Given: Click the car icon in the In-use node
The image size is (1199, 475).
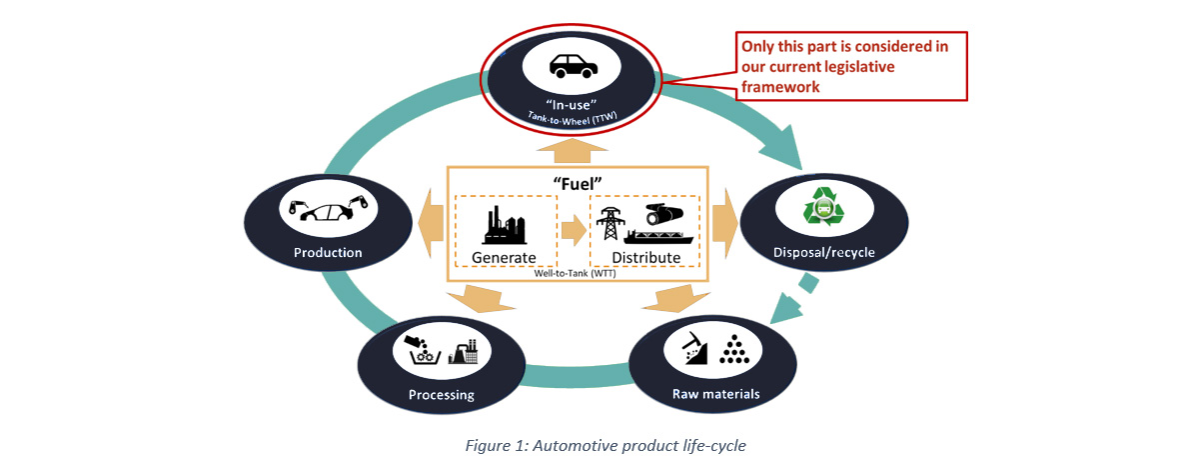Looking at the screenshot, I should [x=573, y=66].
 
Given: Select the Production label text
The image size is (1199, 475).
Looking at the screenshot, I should [x=328, y=252].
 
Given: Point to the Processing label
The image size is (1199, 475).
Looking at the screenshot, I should [x=441, y=394].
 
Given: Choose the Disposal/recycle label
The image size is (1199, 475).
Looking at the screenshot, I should [x=822, y=252].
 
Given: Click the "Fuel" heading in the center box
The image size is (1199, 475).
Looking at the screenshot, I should [x=578, y=183].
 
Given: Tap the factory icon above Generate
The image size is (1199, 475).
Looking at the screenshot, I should [x=505, y=224].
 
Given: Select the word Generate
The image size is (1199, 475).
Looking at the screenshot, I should [x=505, y=257].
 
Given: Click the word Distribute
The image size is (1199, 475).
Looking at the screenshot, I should [x=645, y=257].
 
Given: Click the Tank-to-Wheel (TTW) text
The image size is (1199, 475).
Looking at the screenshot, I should [x=572, y=117].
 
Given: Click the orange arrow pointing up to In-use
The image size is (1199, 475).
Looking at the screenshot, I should [x=573, y=151].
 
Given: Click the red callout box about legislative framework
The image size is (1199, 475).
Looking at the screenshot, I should [x=852, y=66].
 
